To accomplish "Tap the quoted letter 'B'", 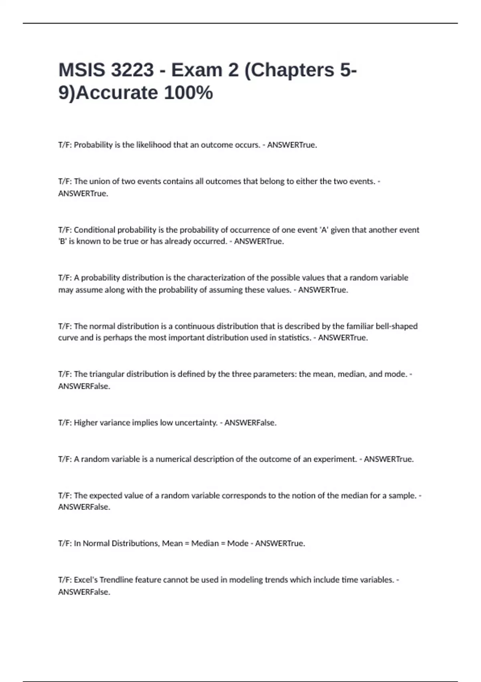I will [x=63, y=242].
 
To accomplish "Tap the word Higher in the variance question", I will [x=86, y=423].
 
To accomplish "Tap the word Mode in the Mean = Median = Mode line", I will [x=238, y=544].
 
